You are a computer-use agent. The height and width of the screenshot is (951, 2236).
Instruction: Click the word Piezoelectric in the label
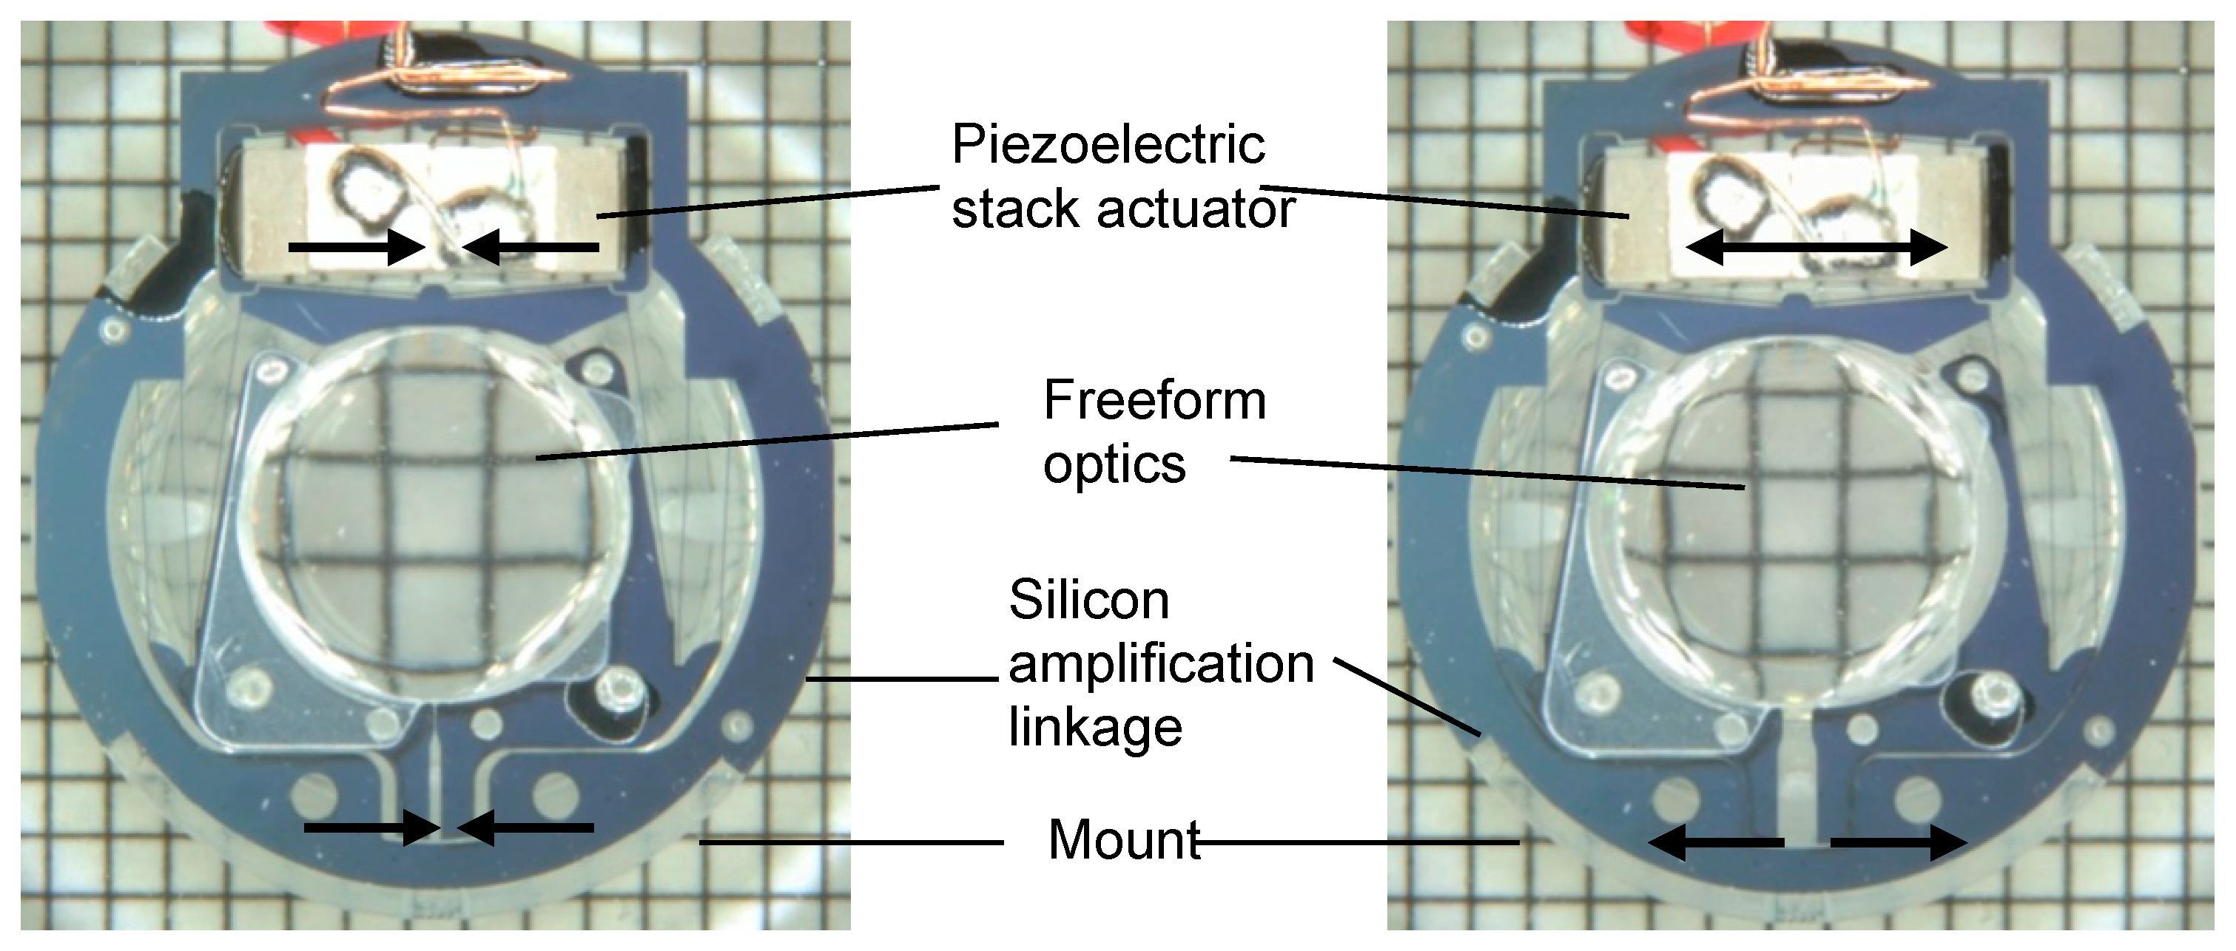[x=1108, y=144]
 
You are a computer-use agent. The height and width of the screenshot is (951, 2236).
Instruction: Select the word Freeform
[x=1154, y=400]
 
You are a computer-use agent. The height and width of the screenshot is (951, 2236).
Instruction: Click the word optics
[x=1114, y=465]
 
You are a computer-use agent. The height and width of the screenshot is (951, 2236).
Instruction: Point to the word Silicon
[x=1088, y=600]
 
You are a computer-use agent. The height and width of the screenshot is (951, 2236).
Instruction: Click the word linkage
[x=1094, y=727]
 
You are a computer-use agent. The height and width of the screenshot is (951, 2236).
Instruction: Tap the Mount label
[x=1124, y=840]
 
